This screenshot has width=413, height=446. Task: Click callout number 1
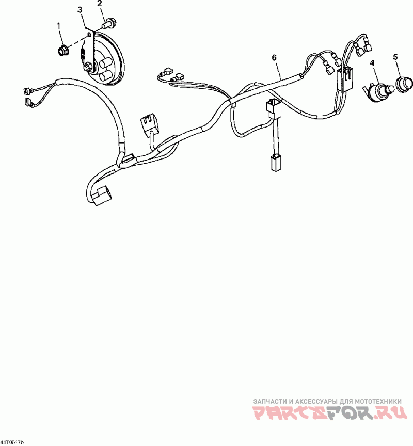tap(58, 25)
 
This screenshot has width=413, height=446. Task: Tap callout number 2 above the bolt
tap(99, 4)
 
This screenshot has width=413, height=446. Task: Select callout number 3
tap(80, 10)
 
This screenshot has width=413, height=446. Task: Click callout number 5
tap(395, 57)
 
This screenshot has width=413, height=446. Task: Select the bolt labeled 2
tap(110, 23)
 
